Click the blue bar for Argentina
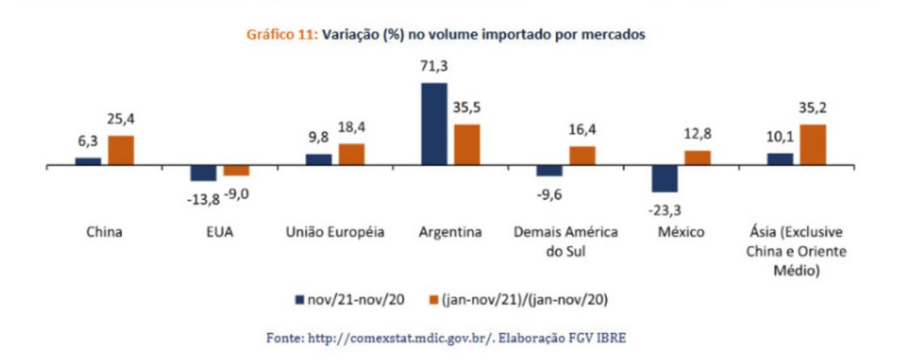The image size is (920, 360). [433, 123]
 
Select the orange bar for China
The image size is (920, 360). [121, 150]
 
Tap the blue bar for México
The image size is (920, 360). [664, 178]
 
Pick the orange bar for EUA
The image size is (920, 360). [236, 170]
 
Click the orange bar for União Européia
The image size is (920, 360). [351, 154]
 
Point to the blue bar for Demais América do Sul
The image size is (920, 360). [549, 170]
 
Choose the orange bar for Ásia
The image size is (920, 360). [813, 144]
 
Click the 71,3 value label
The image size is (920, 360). [433, 69]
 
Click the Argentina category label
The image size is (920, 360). [450, 232]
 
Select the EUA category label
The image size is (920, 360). [220, 232]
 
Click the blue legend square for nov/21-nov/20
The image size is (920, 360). [300, 299]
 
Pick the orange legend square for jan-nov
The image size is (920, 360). [433, 299]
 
